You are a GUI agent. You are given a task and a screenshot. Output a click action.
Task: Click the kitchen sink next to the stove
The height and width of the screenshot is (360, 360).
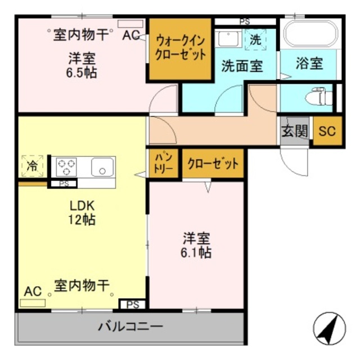tap(102, 166)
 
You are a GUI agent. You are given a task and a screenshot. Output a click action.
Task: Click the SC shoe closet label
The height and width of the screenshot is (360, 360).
tap(327, 132)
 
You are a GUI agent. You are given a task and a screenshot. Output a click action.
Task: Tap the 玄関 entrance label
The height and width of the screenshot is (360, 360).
tap(295, 132)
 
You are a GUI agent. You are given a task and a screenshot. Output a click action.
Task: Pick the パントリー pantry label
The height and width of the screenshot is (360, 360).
tap(163, 164)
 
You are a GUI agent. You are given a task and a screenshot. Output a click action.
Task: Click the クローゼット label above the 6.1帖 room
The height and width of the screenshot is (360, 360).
tap(213, 164)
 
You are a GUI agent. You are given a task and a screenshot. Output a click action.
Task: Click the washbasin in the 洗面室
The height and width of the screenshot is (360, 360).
tap(227, 39)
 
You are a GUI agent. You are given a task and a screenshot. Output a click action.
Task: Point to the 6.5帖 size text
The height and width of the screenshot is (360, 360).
tap(82, 73)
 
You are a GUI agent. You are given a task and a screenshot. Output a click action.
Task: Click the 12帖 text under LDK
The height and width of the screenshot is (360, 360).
tap(82, 219)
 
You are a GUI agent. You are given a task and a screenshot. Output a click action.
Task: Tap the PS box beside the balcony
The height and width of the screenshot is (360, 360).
tap(133, 305)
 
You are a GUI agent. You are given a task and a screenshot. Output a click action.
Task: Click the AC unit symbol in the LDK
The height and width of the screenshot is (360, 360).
tap(33, 303)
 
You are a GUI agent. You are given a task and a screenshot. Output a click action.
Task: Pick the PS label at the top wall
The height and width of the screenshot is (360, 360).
tap(244, 21)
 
